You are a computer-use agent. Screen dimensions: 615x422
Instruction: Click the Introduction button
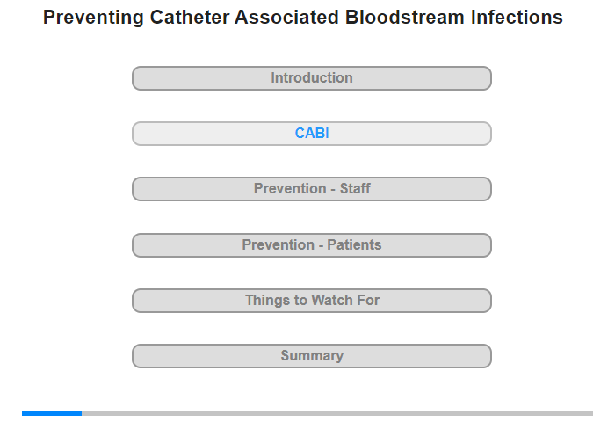[x=312, y=78]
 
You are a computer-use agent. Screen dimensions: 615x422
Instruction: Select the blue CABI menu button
[x=312, y=134]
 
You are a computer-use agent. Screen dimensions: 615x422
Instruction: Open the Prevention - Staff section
[x=312, y=189]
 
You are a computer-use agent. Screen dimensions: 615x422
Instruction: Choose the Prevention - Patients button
[x=312, y=245]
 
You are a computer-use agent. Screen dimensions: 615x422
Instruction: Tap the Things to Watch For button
[x=312, y=301]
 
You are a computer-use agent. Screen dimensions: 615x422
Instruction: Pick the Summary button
[x=312, y=356]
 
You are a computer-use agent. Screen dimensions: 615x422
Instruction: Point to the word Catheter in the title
[x=190, y=18]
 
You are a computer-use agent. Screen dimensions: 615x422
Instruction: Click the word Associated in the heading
[x=286, y=18]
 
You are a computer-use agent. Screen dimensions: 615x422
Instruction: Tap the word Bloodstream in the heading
[x=405, y=18]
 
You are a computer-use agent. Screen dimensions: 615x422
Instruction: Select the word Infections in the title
[x=517, y=18]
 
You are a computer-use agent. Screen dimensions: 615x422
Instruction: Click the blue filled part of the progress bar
[x=52, y=413]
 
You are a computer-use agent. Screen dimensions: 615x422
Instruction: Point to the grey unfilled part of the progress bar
[x=337, y=413]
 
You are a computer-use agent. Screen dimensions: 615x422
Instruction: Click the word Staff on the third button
[x=355, y=188]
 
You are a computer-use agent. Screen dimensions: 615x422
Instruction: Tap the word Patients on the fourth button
[x=354, y=244]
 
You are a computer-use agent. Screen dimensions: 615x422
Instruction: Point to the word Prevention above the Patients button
[x=290, y=188]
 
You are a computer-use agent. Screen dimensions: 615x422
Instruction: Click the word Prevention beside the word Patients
[x=279, y=244]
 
